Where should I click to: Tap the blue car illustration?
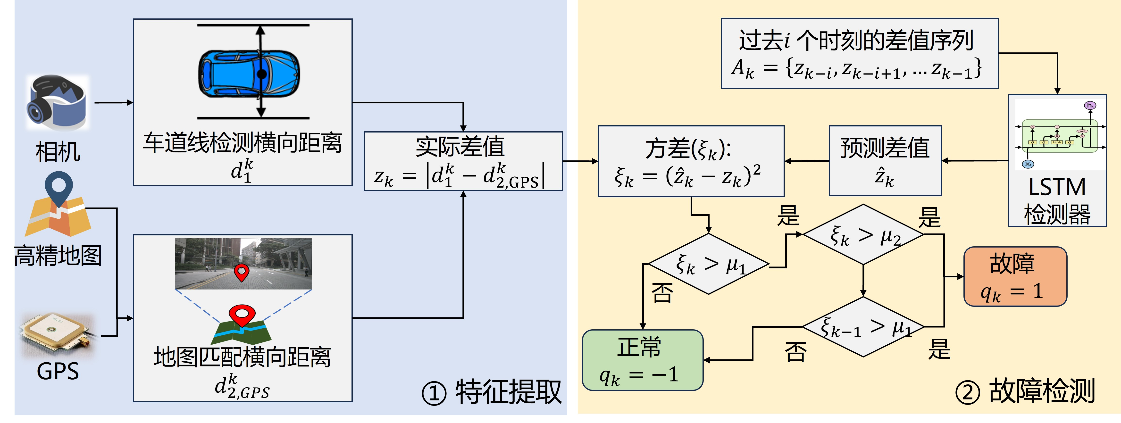click(249, 74)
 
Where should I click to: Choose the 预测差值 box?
click(885, 161)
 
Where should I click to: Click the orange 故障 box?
click(1015, 277)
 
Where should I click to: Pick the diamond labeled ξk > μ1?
click(709, 264)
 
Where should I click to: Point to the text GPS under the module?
click(58, 372)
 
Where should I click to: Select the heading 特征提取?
click(508, 392)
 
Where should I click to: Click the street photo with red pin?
click(243, 264)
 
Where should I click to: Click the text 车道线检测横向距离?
click(243, 143)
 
